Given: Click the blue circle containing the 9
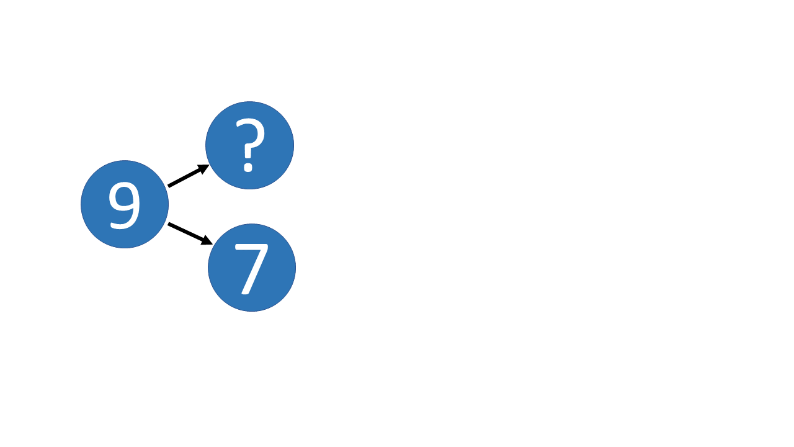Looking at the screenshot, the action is point(125,204).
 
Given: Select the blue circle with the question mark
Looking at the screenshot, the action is point(250,145).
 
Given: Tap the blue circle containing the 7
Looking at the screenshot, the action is point(252,268).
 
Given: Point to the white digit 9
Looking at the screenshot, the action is point(125,205).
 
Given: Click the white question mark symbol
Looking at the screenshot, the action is point(250,145).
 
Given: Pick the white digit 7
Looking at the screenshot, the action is point(251,269).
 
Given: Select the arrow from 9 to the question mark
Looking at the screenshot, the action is point(189,176).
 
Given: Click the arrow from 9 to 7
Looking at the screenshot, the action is point(190,234).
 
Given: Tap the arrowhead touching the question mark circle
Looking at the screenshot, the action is point(204,168).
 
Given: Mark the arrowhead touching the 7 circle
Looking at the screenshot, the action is point(207,240).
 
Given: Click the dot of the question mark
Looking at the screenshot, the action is point(248,168).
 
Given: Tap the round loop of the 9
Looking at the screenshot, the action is point(123,196).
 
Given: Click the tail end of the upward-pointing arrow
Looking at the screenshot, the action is point(168,186).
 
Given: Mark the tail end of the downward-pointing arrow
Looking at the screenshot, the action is point(168,223).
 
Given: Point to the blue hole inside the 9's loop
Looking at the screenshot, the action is point(123,196).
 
